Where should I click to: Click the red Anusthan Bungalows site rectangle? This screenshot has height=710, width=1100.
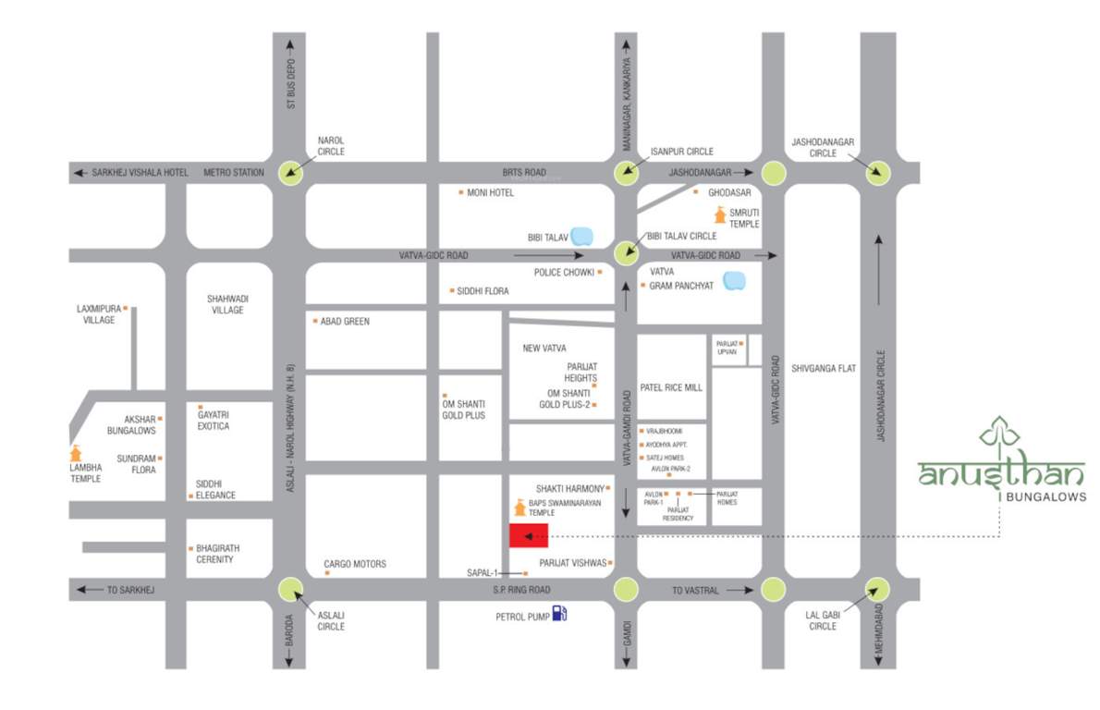(529, 536)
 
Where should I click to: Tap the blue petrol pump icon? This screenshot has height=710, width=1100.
(559, 613)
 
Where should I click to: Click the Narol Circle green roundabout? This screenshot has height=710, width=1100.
(292, 172)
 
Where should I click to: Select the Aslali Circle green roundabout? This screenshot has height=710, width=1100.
(291, 589)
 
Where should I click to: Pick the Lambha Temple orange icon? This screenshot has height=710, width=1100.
(76, 454)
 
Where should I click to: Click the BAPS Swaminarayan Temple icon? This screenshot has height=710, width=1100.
(519, 508)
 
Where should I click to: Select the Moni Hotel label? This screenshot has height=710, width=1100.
(490, 192)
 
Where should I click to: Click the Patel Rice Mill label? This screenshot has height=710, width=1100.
(671, 387)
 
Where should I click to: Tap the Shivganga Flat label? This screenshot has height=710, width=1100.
(824, 368)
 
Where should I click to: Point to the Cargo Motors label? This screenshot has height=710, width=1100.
(355, 564)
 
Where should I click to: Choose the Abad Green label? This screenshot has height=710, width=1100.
(344, 321)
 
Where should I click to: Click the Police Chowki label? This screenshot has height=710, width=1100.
(563, 272)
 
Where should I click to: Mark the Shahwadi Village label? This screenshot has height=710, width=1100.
(227, 304)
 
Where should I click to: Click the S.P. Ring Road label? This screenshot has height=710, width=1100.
(521, 590)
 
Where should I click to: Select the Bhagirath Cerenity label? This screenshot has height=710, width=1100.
(214, 554)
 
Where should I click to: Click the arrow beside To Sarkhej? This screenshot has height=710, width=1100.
(88, 590)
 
